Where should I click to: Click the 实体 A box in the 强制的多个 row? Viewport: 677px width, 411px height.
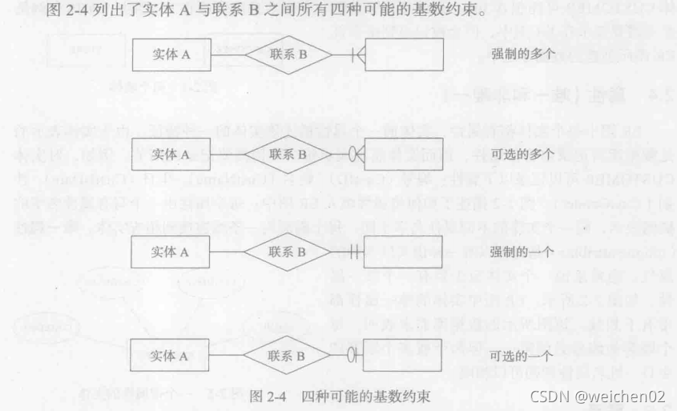pos(171,55)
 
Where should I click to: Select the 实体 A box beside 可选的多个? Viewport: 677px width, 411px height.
pos(171,153)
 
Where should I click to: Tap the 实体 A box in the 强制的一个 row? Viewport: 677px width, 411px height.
pos(171,252)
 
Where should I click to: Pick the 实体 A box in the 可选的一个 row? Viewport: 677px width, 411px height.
pos(171,354)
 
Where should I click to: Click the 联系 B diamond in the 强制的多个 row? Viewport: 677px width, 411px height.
pos(288,55)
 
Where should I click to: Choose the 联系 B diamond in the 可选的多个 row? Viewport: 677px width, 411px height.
pos(288,153)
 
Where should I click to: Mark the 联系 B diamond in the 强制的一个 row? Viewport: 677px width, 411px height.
pos(288,252)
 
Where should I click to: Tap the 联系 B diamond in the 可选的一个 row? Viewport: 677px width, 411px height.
pos(288,354)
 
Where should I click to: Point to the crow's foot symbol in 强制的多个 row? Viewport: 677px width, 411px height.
pos(358,55)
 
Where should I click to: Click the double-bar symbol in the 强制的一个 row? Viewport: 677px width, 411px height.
pos(357,252)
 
